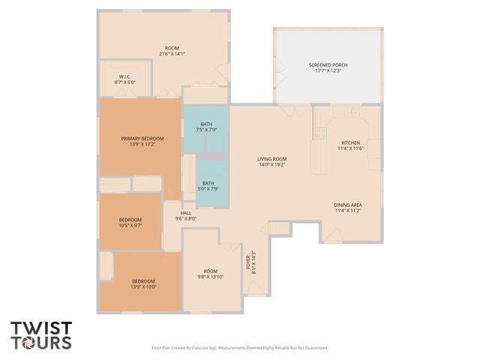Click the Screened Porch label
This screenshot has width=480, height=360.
pyautogui.click(x=328, y=65)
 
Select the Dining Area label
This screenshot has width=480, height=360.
pyautogui.click(x=347, y=205)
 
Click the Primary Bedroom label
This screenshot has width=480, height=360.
pyautogui.click(x=142, y=138)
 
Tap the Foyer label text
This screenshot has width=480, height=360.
pyautogui.click(x=247, y=262)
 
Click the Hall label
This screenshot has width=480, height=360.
pyautogui.click(x=185, y=214)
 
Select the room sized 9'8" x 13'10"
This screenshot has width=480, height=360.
pyautogui.click(x=210, y=274)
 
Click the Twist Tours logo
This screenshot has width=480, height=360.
pyautogui.click(x=41, y=335)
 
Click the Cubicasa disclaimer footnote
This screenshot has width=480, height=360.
pyautogui.click(x=240, y=348)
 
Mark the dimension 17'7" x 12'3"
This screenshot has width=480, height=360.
pyautogui.click(x=328, y=70)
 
